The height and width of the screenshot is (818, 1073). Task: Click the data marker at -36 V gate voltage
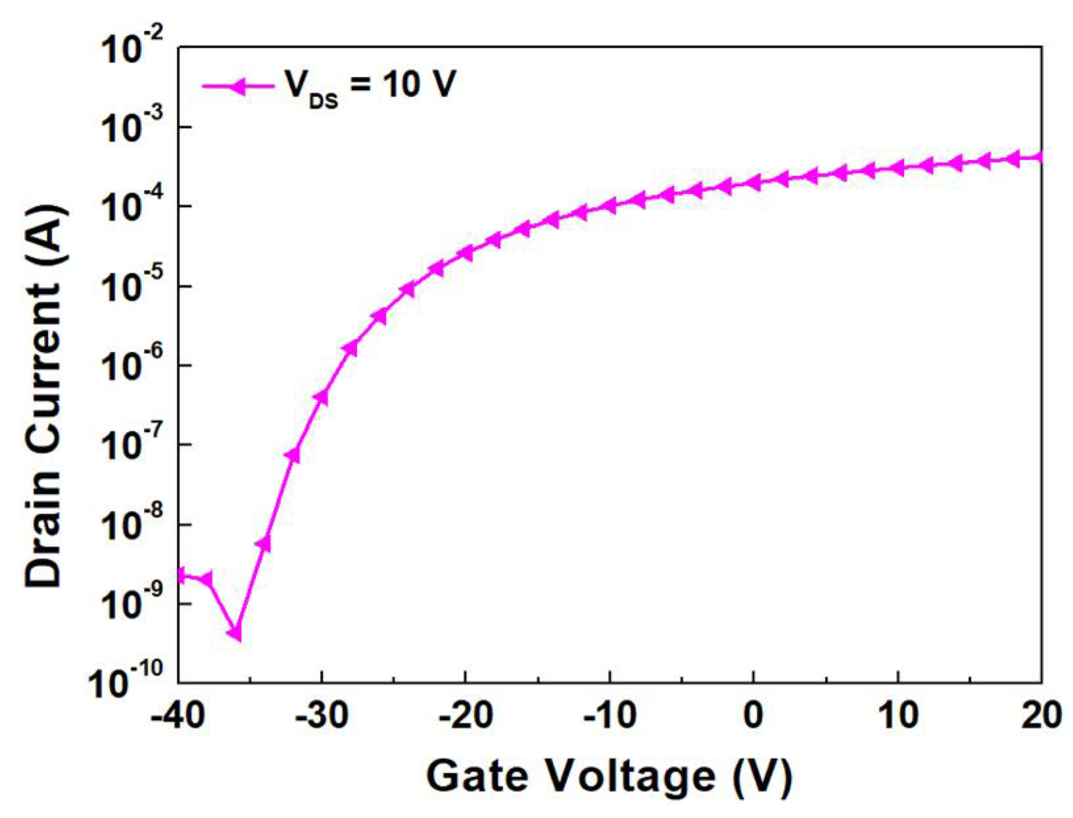pyautogui.click(x=235, y=633)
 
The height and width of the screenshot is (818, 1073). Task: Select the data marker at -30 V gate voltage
pyautogui.click(x=322, y=397)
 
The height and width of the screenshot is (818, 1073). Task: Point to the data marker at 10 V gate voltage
pyautogui.click(x=897, y=167)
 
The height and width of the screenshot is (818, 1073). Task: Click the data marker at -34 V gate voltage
pyautogui.click(x=264, y=543)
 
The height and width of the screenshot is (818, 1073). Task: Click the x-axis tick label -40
pyautogui.click(x=178, y=715)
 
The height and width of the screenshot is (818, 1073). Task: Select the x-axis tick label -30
pyautogui.click(x=322, y=715)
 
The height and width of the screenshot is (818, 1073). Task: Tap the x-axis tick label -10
pyautogui.click(x=609, y=715)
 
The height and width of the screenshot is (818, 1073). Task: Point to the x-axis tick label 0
pyautogui.click(x=753, y=715)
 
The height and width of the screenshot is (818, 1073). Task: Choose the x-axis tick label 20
pyautogui.click(x=1041, y=715)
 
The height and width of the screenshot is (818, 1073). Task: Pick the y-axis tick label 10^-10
pyautogui.click(x=126, y=682)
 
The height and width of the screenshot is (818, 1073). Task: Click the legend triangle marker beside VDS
pyautogui.click(x=237, y=86)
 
